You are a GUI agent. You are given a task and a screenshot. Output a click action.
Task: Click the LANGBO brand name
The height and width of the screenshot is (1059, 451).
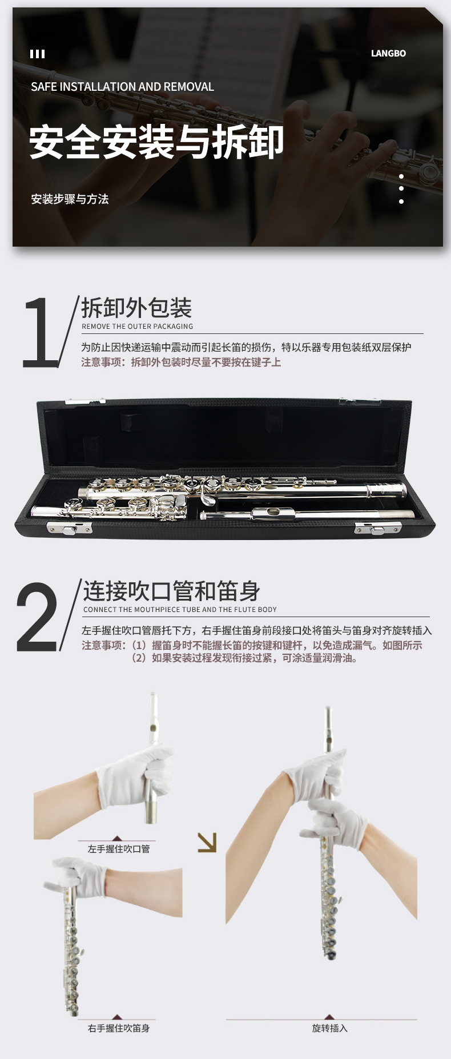click(x=388, y=54)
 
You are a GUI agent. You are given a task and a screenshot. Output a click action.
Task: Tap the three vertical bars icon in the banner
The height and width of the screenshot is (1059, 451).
click(x=37, y=54)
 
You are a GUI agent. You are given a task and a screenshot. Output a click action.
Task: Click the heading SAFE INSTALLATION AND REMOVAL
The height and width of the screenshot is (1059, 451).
click(x=122, y=87)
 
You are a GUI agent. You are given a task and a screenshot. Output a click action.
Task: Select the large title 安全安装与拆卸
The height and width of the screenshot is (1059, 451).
click(x=156, y=142)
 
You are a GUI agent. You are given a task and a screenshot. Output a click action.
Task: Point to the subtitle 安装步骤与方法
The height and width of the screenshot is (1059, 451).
click(x=70, y=199)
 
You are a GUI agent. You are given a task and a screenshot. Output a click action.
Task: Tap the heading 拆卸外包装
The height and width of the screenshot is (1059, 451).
click(x=136, y=308)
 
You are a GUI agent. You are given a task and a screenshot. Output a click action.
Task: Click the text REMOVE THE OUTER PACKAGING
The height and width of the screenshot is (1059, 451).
click(x=138, y=327)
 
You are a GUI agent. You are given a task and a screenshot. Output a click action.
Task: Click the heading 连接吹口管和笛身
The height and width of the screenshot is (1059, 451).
click(x=172, y=591)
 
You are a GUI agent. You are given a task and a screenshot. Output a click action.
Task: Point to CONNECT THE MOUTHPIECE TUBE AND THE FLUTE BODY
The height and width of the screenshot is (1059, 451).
click(x=180, y=610)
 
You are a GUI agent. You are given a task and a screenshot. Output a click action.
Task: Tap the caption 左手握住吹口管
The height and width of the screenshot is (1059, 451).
click(x=119, y=849)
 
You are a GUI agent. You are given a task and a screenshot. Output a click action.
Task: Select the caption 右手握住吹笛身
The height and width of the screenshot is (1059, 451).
click(x=119, y=1028)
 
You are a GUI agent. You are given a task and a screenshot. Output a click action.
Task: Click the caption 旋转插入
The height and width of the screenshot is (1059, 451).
click(x=330, y=1028)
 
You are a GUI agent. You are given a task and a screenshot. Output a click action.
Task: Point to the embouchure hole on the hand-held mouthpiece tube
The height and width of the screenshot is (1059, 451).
click(x=153, y=728)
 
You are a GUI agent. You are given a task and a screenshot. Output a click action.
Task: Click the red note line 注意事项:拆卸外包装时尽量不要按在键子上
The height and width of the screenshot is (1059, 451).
click(x=181, y=363)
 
